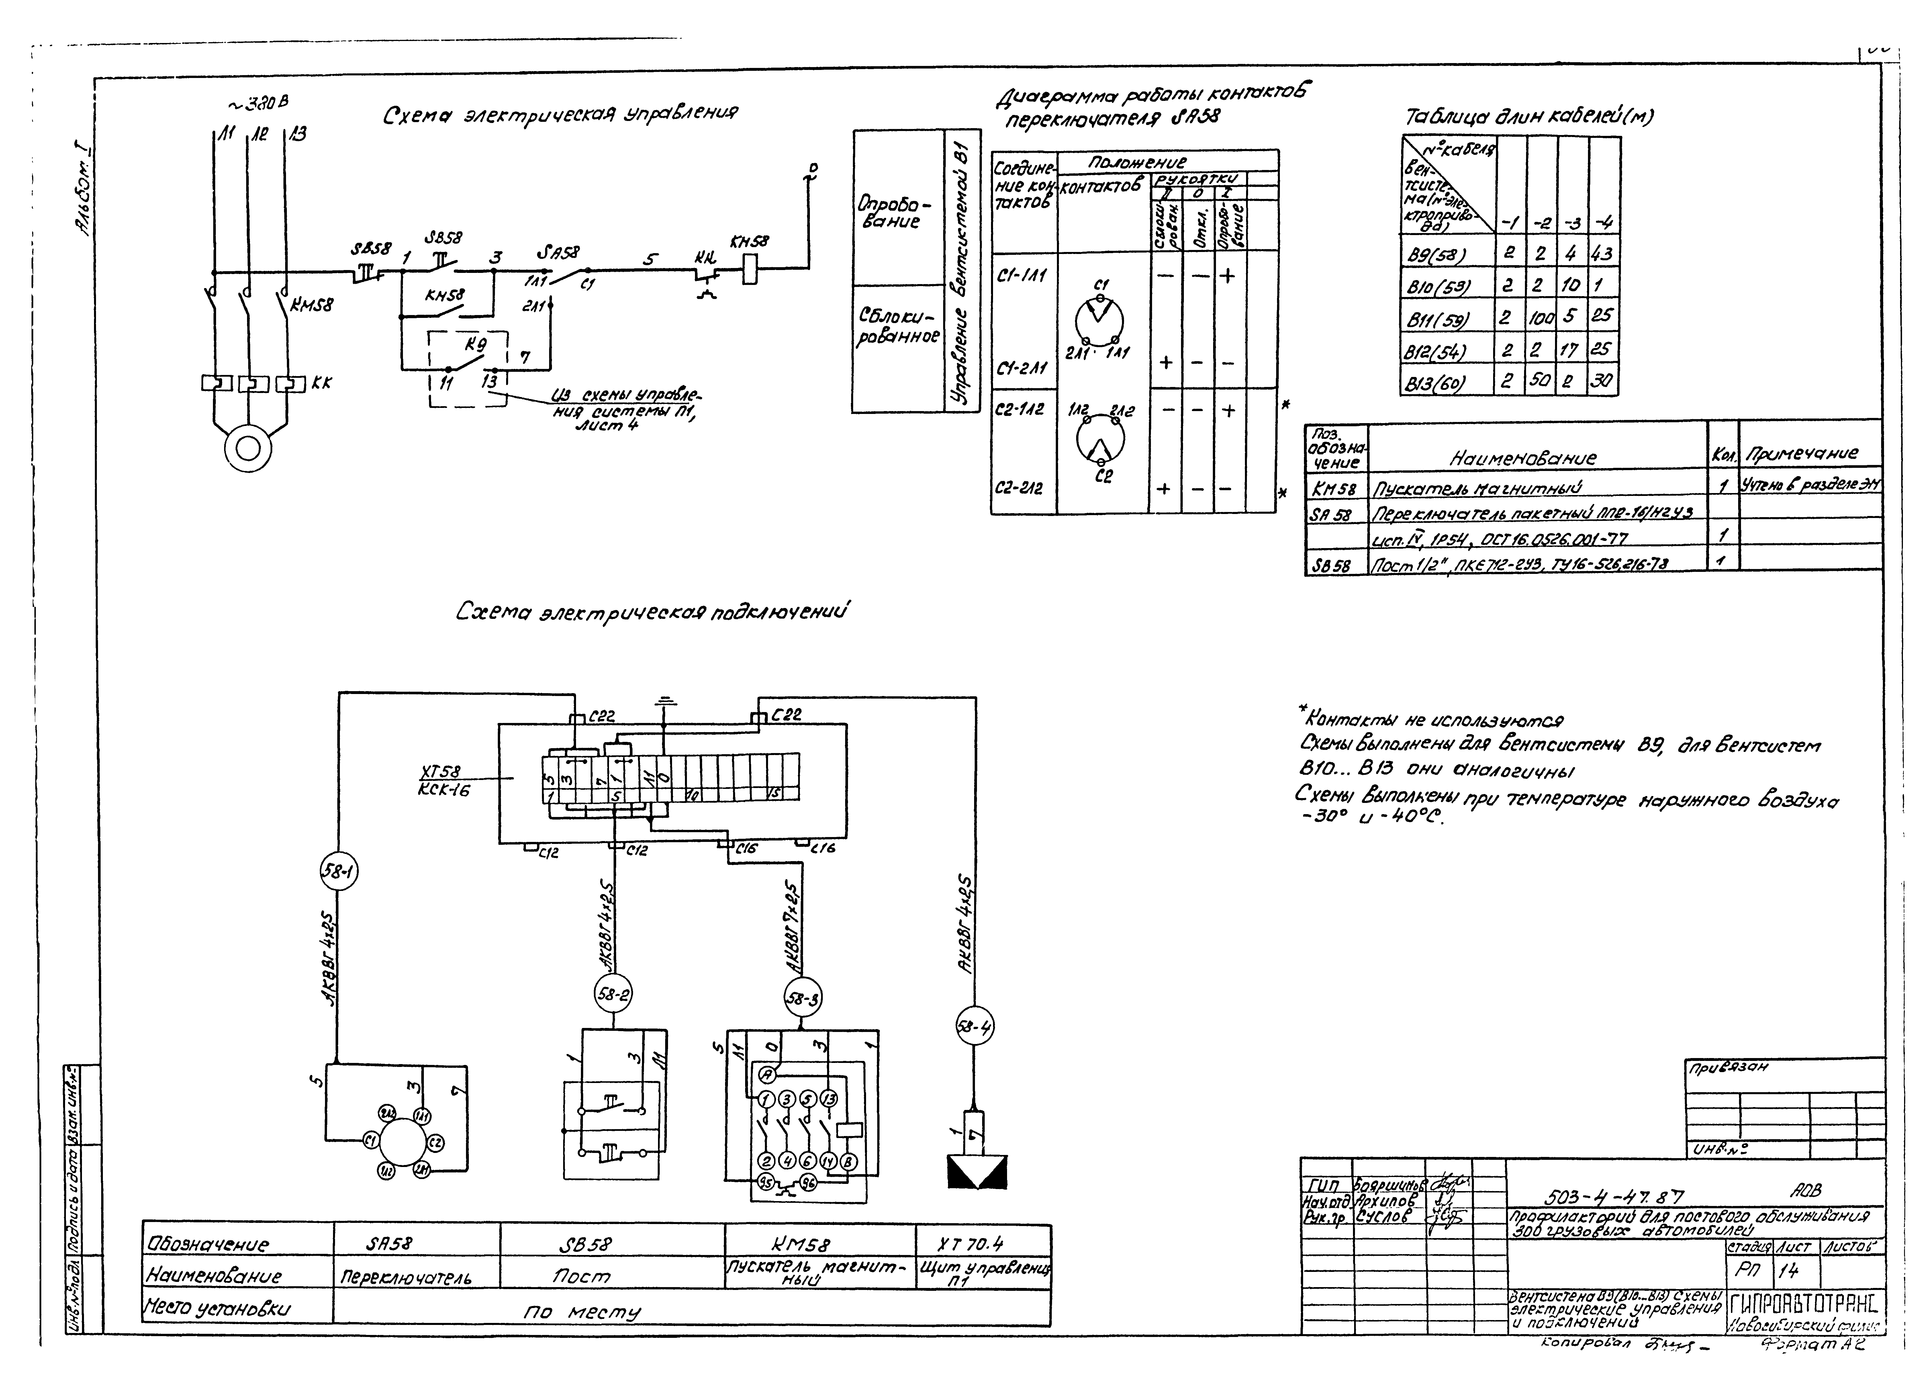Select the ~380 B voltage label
258,104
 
